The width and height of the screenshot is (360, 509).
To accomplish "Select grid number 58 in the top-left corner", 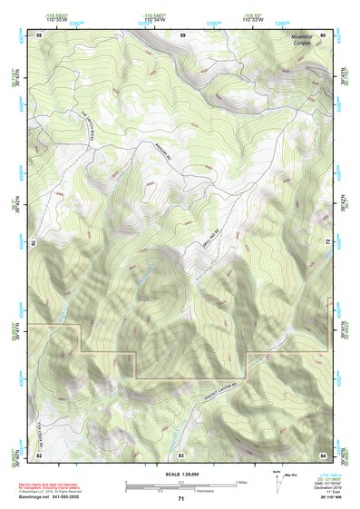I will pos(39,34).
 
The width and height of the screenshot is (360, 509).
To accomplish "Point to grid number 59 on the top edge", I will pos(181,34).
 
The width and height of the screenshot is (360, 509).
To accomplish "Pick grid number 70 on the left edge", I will pos(36,243).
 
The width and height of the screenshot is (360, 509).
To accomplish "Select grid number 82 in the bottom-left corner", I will pos(39,453).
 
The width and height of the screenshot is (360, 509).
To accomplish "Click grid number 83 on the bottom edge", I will pos(181,453).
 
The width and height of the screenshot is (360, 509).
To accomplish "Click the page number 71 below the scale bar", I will pos(181,499).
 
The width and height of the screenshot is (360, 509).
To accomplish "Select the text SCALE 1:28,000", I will pos(180,475).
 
